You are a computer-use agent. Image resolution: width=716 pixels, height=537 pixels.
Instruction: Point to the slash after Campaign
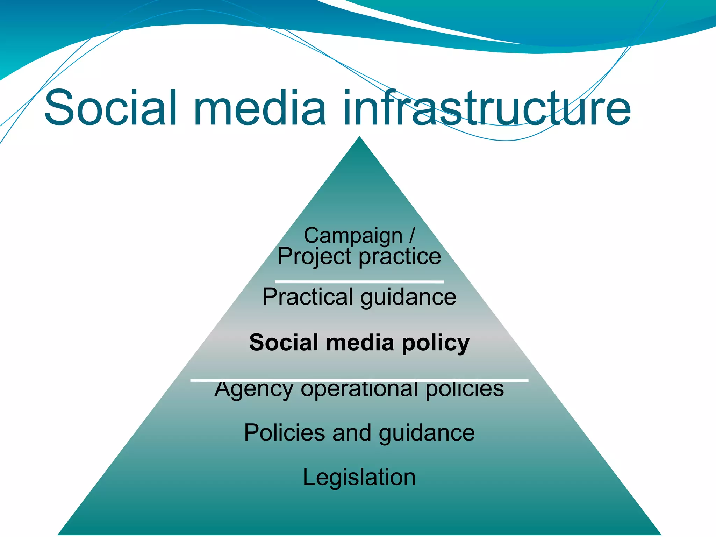(412, 235)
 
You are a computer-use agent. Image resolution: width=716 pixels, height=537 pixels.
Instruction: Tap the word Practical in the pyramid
(308, 297)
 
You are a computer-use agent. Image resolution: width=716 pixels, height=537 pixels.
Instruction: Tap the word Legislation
(359, 477)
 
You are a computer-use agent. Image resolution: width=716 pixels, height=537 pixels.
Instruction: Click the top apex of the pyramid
(359, 138)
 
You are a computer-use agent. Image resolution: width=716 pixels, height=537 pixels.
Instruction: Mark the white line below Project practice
(359, 281)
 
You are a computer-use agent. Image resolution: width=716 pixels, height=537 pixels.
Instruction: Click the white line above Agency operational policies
(359, 380)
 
